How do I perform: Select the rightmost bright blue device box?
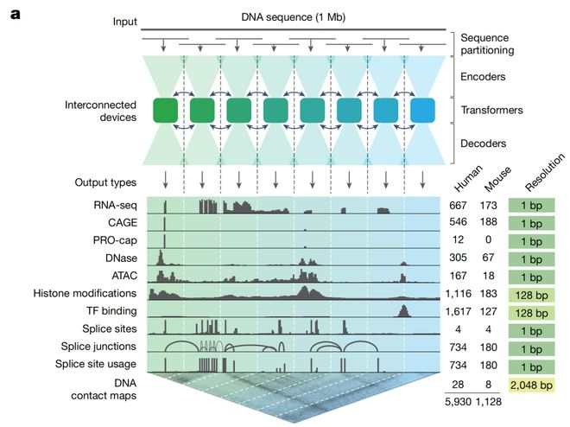point(422,111)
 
